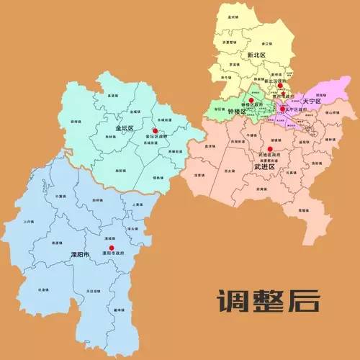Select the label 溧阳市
point(78,256)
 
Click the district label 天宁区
point(312,102)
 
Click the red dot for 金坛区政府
point(155,130)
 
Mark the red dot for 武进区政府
point(270,149)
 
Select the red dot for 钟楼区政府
point(251,99)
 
